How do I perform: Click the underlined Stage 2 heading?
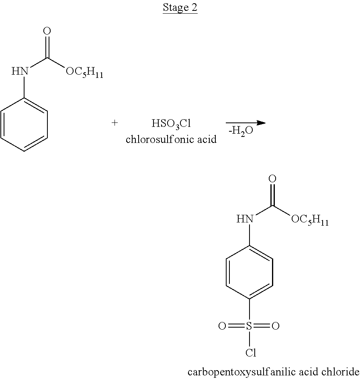pos(180,8)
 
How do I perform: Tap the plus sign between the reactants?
pos(115,123)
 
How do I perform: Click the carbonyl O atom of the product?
pos(272,179)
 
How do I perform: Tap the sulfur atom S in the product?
pos(250,326)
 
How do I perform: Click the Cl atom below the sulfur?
pos(250,353)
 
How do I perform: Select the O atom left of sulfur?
pos(222,326)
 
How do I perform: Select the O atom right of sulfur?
pos(276,326)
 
